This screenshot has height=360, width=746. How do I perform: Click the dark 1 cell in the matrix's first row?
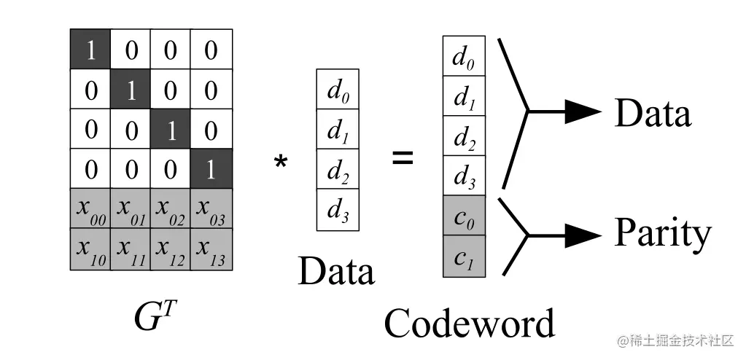click(x=90, y=50)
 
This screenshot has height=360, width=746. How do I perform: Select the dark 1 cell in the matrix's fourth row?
click(x=211, y=169)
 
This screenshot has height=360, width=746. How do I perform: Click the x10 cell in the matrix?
click(x=90, y=249)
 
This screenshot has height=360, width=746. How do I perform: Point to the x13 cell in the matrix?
click(x=211, y=249)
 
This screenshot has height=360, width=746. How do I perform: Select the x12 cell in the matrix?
click(x=171, y=249)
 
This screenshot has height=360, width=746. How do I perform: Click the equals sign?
click(x=403, y=157)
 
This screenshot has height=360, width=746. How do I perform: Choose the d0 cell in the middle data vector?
click(x=337, y=89)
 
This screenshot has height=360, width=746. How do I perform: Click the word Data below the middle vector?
click(x=336, y=271)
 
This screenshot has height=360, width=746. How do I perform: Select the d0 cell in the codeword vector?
click(x=464, y=55)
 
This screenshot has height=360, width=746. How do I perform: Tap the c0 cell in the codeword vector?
click(x=464, y=216)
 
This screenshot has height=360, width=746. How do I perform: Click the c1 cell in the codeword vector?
click(x=464, y=257)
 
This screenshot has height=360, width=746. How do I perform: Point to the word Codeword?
click(x=469, y=323)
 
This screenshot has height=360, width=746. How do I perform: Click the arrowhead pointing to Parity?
click(x=583, y=235)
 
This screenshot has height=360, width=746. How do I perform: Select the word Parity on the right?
click(x=662, y=233)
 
